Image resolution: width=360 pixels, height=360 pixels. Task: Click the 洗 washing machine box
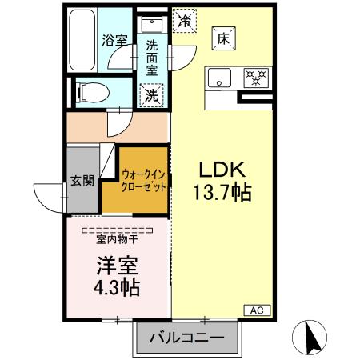pos(150,95)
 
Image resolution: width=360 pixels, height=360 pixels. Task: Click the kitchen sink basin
pos(218,78)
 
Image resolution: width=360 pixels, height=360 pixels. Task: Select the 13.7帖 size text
pos(216,193)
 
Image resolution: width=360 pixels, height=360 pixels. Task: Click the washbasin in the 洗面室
pos(150,25)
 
